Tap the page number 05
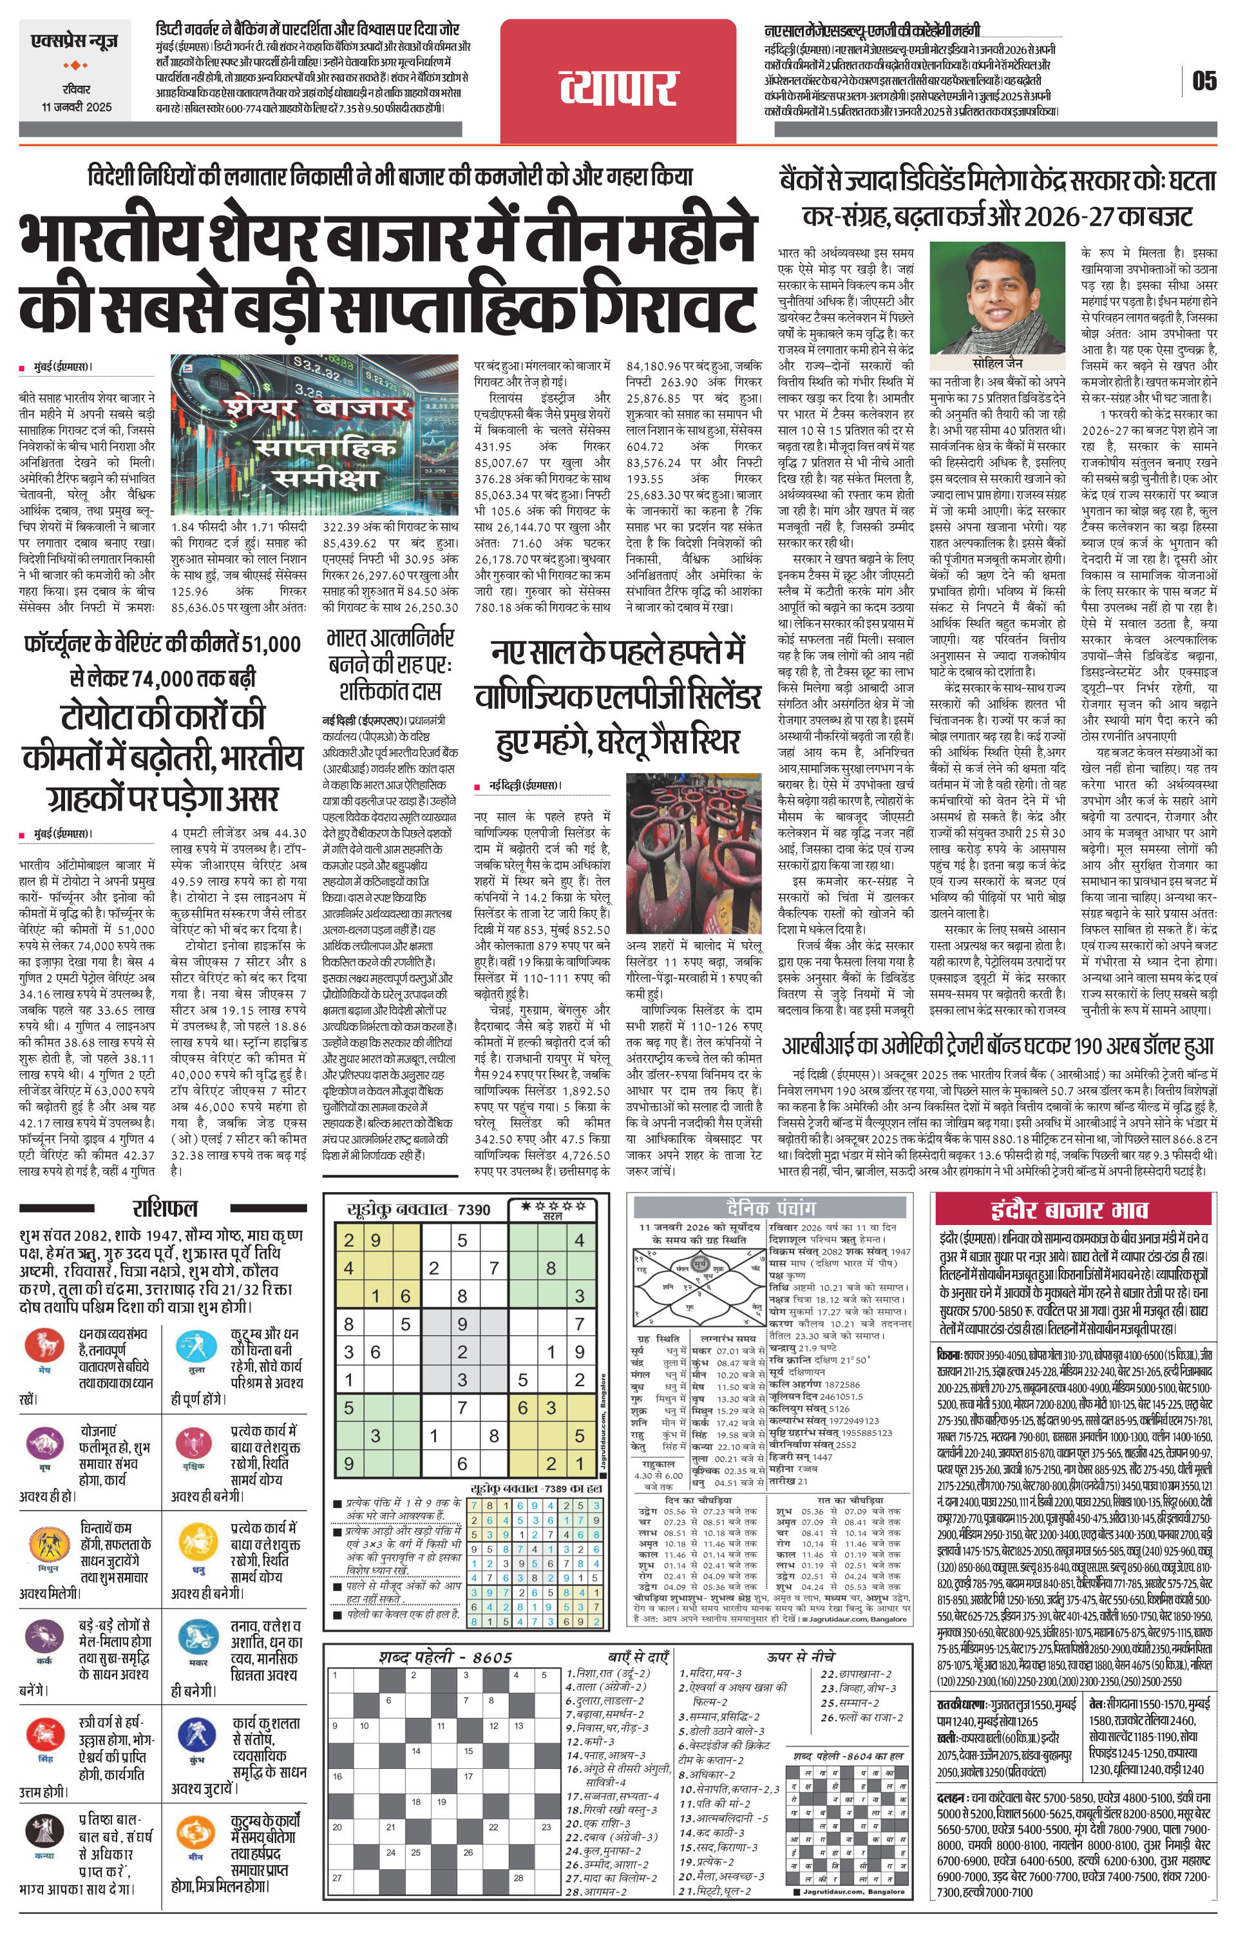pos(1204,81)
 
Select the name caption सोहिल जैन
pos(996,363)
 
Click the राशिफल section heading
pos(164,1208)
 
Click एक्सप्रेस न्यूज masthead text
pos(75,41)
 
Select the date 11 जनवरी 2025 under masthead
pos(77,106)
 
